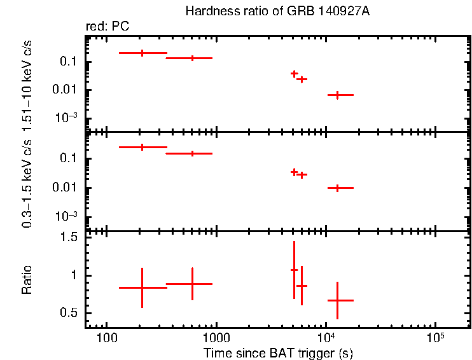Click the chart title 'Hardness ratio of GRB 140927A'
pos(277,11)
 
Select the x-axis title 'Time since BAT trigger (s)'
pos(278,352)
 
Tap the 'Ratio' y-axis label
pos(27,280)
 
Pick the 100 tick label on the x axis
pos(107,338)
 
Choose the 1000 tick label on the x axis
pos(216,338)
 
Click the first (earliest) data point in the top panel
pos(142,53)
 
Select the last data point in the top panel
pos(337,95)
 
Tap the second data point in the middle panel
pos(192,153)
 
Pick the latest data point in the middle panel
pos(337,188)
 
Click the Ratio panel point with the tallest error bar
pos(294,270)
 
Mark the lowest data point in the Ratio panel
pos(337,300)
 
